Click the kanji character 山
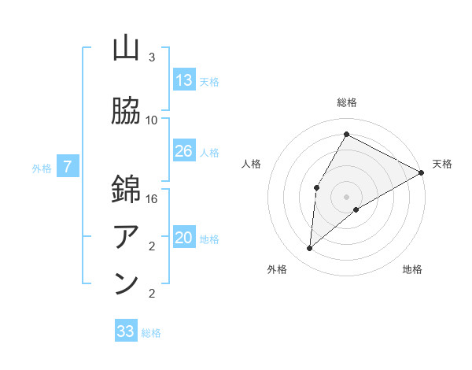click(x=126, y=49)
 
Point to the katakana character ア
click(x=126, y=235)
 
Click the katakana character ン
click(x=126, y=283)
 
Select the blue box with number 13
click(x=184, y=80)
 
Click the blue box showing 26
click(x=184, y=151)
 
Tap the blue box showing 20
click(x=184, y=239)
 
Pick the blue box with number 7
click(x=68, y=167)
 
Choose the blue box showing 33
click(x=126, y=331)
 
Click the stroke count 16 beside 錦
click(x=152, y=199)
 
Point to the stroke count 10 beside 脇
click(x=152, y=120)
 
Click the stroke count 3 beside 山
click(x=152, y=57)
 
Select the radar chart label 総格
click(x=347, y=102)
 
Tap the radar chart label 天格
click(x=442, y=164)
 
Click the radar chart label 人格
click(x=251, y=164)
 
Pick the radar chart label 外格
click(x=277, y=270)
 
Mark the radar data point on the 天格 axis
click(x=422, y=173)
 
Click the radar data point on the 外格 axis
click(x=310, y=249)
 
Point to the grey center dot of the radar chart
click(x=346, y=196)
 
